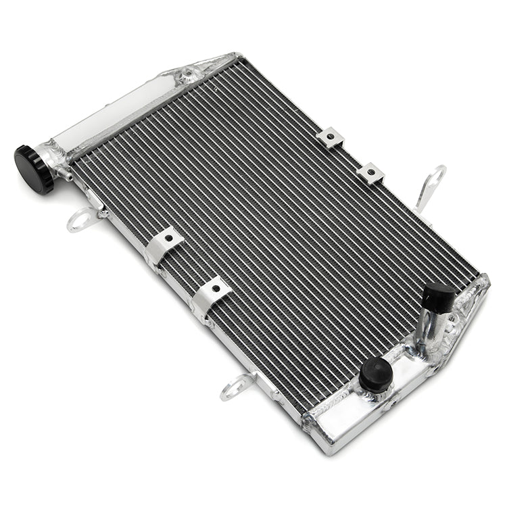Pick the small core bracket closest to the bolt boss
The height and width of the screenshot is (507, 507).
click(330, 138)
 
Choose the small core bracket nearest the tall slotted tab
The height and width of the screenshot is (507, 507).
click(370, 173)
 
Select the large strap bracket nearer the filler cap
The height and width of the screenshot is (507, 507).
click(163, 245)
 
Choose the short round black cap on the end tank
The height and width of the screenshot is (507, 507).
click(376, 374)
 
